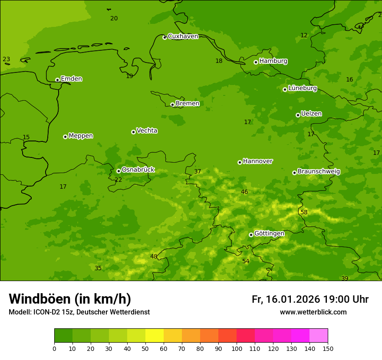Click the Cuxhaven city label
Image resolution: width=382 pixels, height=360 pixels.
pyautogui.click(x=183, y=36)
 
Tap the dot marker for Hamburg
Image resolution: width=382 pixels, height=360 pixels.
pyautogui.click(x=256, y=62)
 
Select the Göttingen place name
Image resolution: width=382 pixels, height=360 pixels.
pyautogui.click(x=269, y=233)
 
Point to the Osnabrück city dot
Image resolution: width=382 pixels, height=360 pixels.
pyautogui.click(x=119, y=171)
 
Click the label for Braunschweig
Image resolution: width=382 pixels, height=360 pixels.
pyautogui.click(x=319, y=171)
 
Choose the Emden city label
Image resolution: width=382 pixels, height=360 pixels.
pyautogui.click(x=71, y=79)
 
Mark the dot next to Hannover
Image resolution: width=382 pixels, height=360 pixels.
pyautogui.click(x=240, y=162)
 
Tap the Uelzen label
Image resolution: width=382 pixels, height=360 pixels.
pyautogui.click(x=311, y=114)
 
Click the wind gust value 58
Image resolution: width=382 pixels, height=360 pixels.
pyautogui.click(x=304, y=212)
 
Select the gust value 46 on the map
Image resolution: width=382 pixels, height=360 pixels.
pyautogui.click(x=244, y=192)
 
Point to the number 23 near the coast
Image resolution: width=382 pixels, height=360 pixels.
pyautogui.click(x=6, y=59)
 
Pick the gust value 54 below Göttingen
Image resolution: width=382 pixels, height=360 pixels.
pyautogui.click(x=246, y=261)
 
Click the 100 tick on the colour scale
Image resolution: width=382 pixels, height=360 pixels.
pyautogui.click(x=237, y=348)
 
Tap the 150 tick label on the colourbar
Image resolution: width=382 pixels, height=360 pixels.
pyautogui.click(x=328, y=348)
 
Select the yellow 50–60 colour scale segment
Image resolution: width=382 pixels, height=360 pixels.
pyautogui.click(x=155, y=336)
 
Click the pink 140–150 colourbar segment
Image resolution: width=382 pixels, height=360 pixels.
pyautogui.click(x=319, y=336)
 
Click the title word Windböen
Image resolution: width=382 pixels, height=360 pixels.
pyautogui.click(x=39, y=299)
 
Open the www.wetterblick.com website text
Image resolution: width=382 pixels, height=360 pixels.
pyautogui.click(x=313, y=312)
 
